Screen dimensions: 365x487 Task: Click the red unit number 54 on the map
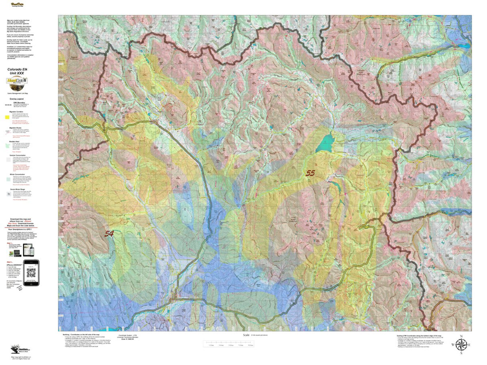(x=109, y=234)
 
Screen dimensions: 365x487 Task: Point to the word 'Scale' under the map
(x=246, y=335)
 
